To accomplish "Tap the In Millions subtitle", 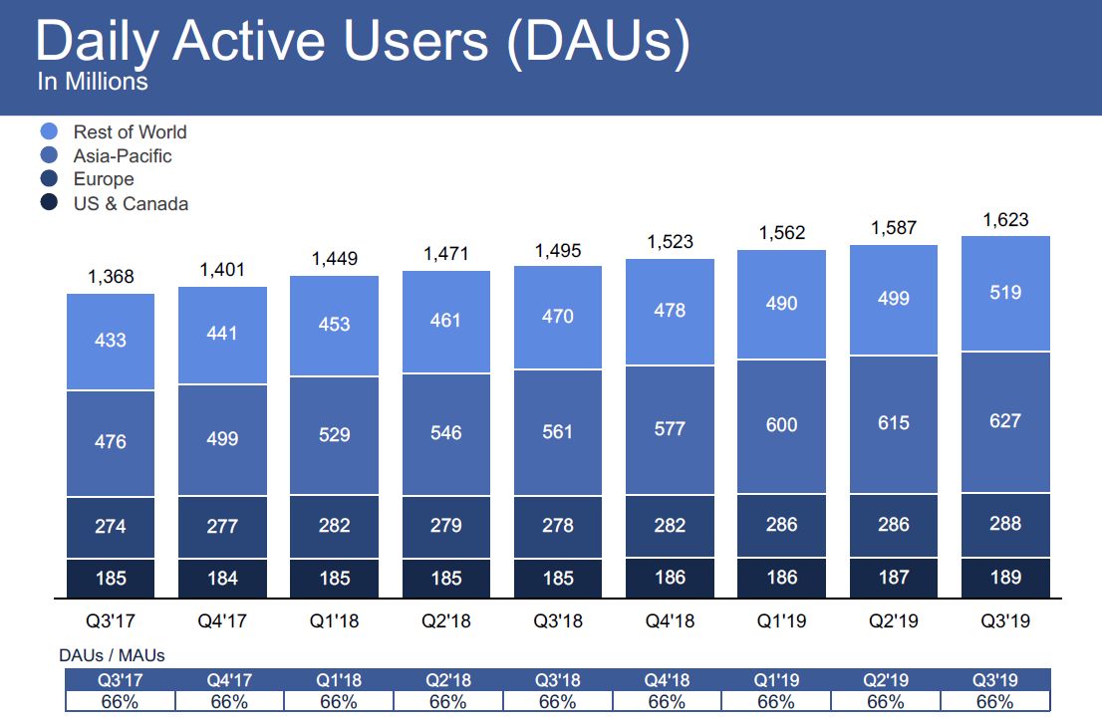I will pos(93,82).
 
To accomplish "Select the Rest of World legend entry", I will pos(130,131).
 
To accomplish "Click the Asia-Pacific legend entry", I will pos(122,155).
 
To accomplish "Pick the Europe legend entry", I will pos(103,179).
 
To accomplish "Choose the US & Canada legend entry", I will pos(130,203).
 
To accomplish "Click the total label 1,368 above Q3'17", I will pos(111,277).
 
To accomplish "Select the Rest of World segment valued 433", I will pos(111,341).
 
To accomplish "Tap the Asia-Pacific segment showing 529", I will pos(334,434).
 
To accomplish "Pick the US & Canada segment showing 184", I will pos(222,577).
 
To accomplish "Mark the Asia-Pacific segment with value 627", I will pos(1005,421).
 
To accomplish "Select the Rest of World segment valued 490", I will pos(781,303).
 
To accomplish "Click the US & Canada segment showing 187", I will pos(893,577).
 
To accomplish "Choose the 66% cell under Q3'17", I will pos(120,701).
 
